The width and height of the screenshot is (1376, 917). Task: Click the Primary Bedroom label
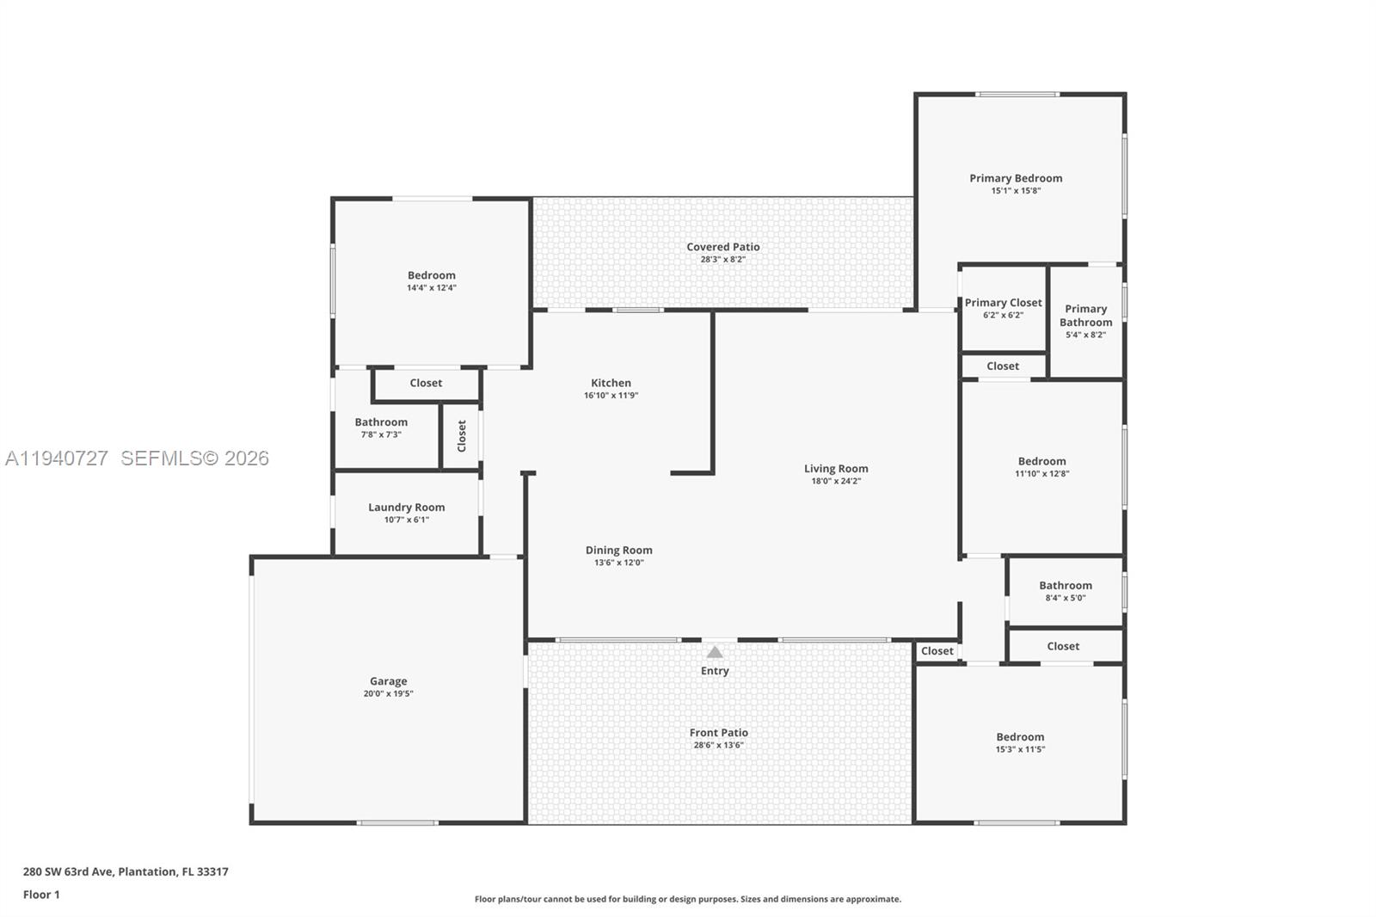[1016, 178]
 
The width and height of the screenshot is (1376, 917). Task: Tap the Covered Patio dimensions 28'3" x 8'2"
[722, 259]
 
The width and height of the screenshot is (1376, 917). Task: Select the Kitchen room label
[611, 383]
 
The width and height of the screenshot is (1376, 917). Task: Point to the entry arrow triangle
[715, 652]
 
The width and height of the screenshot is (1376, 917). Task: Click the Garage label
[388, 681]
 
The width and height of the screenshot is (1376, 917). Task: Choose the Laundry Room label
[406, 508]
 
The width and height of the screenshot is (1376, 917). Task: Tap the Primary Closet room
[1003, 308]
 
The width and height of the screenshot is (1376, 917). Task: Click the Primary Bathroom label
[1085, 316]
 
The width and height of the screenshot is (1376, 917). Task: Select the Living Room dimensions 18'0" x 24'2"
[836, 481]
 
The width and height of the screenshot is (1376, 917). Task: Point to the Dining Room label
[618, 551]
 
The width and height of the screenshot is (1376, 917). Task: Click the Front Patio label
[718, 733]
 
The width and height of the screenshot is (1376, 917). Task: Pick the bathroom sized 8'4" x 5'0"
[1065, 591]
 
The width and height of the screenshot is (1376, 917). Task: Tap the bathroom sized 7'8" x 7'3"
[381, 428]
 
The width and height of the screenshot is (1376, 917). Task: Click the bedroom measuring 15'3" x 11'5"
[1020, 742]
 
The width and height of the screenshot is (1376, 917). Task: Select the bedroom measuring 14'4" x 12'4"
[431, 281]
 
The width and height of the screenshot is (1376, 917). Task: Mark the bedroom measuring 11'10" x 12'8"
[1041, 466]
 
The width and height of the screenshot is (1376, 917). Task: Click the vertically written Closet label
[462, 436]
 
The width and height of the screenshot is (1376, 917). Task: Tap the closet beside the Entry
[937, 651]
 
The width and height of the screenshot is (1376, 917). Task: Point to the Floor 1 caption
[41, 895]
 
